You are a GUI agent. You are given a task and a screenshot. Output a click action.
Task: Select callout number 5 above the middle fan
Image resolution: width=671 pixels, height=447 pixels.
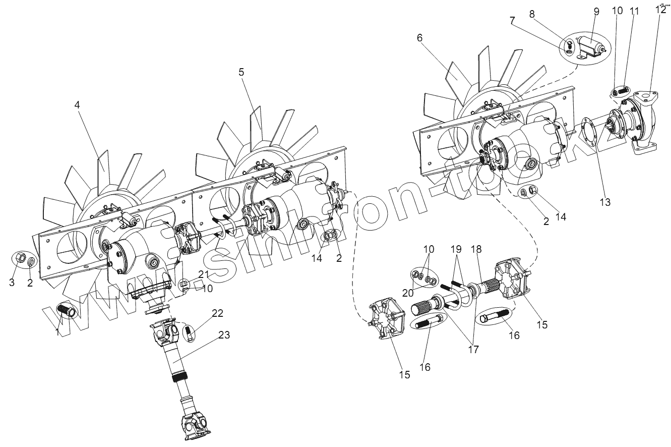point(241,73)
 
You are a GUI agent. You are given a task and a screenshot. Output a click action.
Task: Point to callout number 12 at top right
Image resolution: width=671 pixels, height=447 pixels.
point(660,9)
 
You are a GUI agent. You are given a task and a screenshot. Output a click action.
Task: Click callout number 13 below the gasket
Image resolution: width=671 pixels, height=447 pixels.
point(604,202)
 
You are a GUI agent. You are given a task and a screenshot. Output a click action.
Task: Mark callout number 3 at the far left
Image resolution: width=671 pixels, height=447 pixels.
point(12,283)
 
